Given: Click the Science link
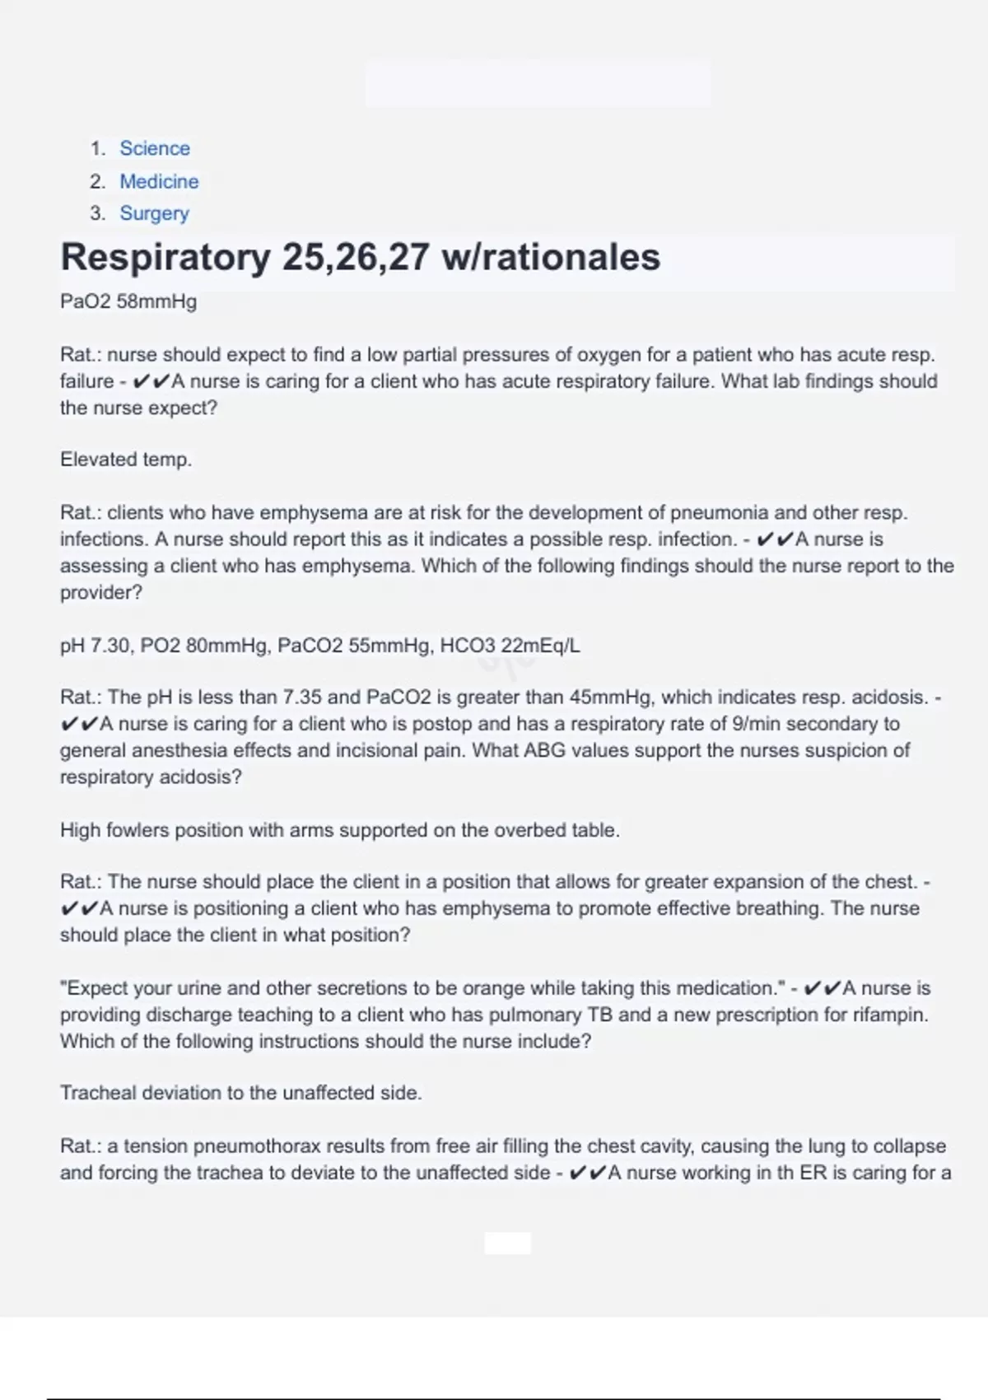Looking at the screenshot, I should (155, 148).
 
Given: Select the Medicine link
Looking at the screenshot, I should (159, 181).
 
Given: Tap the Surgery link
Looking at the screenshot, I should (154, 213).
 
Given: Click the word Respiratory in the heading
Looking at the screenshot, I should (165, 257).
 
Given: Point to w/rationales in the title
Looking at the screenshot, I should (551, 257).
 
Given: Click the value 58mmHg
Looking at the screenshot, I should (156, 301).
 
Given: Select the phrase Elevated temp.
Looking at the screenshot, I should (126, 460).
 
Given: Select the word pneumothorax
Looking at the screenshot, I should (258, 1146).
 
